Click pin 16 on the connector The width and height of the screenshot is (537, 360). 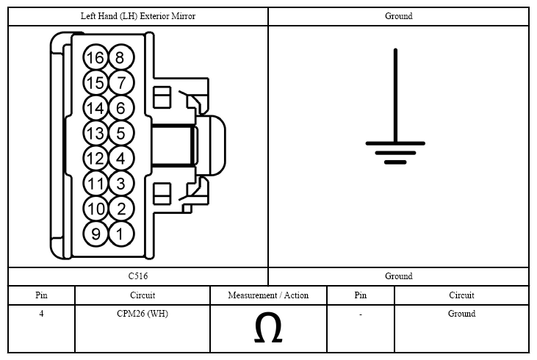pyautogui.click(x=95, y=57)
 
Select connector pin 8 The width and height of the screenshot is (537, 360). pyautogui.click(x=121, y=57)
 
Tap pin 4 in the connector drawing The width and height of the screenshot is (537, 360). pyautogui.click(x=121, y=158)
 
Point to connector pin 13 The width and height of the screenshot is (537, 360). pyautogui.click(x=95, y=133)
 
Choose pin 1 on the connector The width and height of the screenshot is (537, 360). pyautogui.click(x=121, y=234)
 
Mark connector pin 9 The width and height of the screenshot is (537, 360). pyautogui.click(x=95, y=234)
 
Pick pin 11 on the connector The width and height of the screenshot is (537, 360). pyautogui.click(x=95, y=184)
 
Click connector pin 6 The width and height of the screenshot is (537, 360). pyautogui.click(x=121, y=108)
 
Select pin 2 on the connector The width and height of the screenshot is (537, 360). pyautogui.click(x=121, y=209)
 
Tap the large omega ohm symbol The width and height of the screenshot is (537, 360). pyautogui.click(x=268, y=328)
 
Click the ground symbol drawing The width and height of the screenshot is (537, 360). pyautogui.click(x=395, y=107)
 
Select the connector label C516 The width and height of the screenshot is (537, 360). pyautogui.click(x=138, y=276)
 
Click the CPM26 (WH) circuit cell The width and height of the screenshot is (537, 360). pyautogui.click(x=143, y=314)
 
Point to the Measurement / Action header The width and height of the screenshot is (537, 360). pyautogui.click(x=268, y=295)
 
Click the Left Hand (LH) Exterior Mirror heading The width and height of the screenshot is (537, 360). pyautogui.click(x=138, y=16)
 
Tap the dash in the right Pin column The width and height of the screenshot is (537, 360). pyautogui.click(x=361, y=314)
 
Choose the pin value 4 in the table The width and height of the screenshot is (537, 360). pyautogui.click(x=41, y=314)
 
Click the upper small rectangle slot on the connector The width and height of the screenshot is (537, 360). pyautogui.click(x=162, y=97)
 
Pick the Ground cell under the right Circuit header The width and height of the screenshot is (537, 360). pyautogui.click(x=461, y=314)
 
